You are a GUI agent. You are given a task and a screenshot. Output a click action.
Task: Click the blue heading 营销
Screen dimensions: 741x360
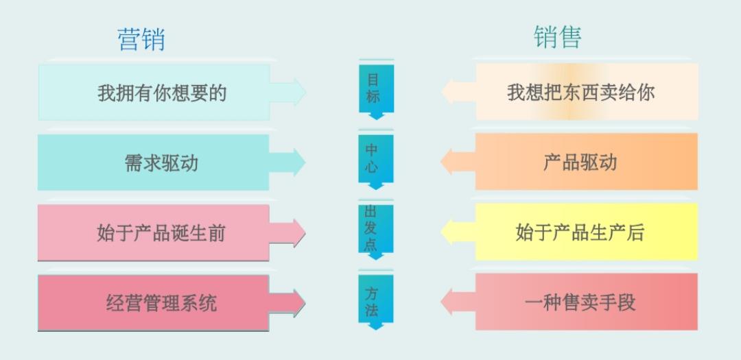coord(141,39)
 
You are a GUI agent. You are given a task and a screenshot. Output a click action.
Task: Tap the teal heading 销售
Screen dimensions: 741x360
coord(558,37)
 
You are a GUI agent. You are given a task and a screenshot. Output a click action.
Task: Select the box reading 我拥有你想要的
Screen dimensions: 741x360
coord(154,93)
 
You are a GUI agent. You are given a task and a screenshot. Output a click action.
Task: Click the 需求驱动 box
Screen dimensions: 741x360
coord(154,163)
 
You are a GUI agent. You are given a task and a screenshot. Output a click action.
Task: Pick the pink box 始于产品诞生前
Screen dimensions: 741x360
coord(154,233)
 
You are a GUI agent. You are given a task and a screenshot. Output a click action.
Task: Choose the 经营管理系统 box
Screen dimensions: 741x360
coord(154,302)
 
